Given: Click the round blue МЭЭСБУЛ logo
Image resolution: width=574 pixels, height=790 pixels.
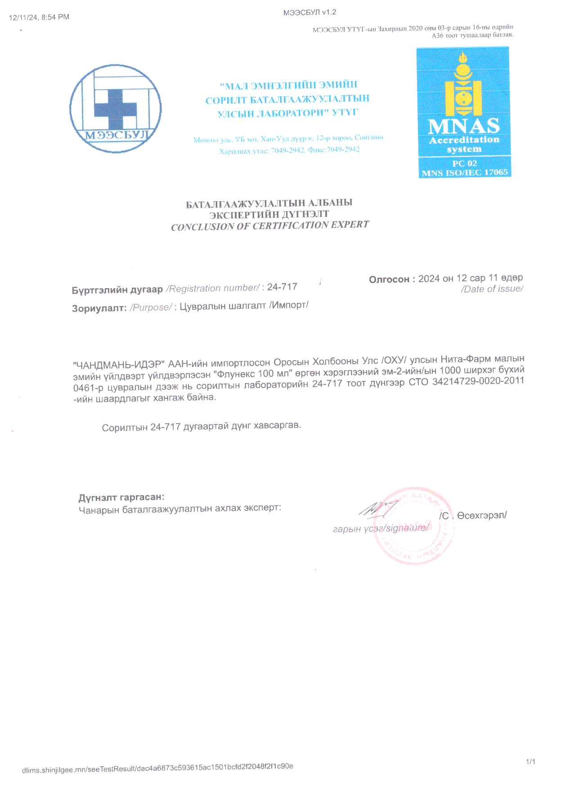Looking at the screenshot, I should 116,108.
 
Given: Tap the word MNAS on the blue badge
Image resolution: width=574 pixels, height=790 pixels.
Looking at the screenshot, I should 464,126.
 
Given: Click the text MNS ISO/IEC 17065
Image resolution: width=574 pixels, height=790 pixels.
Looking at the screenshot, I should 465,172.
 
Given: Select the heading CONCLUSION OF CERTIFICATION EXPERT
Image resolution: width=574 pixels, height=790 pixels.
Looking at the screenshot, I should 270,226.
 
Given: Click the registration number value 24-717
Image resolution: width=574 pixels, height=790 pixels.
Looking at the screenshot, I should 282,287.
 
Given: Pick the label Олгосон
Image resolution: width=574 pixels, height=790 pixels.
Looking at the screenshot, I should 389,280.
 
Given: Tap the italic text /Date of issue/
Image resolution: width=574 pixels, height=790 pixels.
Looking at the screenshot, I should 492,289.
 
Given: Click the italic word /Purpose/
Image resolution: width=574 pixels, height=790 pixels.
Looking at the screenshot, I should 151,307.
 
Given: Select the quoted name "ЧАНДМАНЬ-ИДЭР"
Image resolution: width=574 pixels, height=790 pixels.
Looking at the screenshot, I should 119,364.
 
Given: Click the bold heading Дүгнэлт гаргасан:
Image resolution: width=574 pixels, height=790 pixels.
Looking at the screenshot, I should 121,497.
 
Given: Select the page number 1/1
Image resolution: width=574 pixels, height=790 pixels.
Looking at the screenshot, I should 530,762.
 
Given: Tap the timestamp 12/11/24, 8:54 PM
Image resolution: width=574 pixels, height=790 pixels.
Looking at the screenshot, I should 39,18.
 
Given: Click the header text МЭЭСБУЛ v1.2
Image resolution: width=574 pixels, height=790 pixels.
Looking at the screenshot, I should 309,13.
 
